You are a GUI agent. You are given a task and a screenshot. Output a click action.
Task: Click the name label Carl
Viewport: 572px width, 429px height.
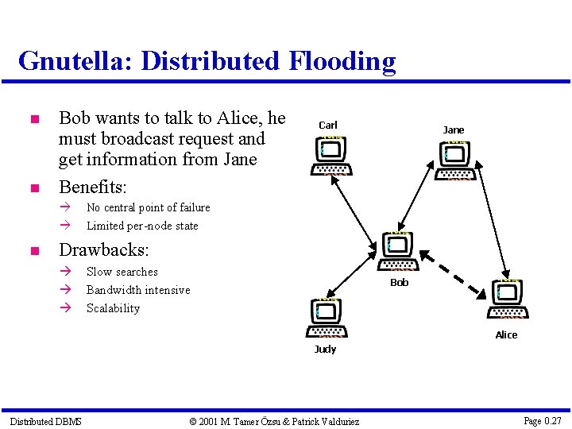coord(328,125)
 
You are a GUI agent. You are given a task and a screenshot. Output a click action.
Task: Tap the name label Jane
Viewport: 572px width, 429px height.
coord(454,129)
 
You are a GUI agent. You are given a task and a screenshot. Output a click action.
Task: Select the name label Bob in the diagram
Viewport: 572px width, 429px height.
coord(400,282)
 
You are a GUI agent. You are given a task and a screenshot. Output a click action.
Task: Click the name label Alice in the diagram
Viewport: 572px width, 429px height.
coord(506,334)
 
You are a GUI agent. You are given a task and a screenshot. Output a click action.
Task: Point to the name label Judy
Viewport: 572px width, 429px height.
coord(325,349)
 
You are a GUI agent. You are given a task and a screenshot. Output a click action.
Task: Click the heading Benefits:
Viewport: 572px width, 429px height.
coord(93,187)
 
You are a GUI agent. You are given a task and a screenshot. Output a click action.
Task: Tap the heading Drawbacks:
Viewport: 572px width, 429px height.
coord(104,249)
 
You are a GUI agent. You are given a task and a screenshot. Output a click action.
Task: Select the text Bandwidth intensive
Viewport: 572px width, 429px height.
coord(138,290)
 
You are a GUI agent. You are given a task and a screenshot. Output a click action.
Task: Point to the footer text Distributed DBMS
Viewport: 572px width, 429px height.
coord(45,421)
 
